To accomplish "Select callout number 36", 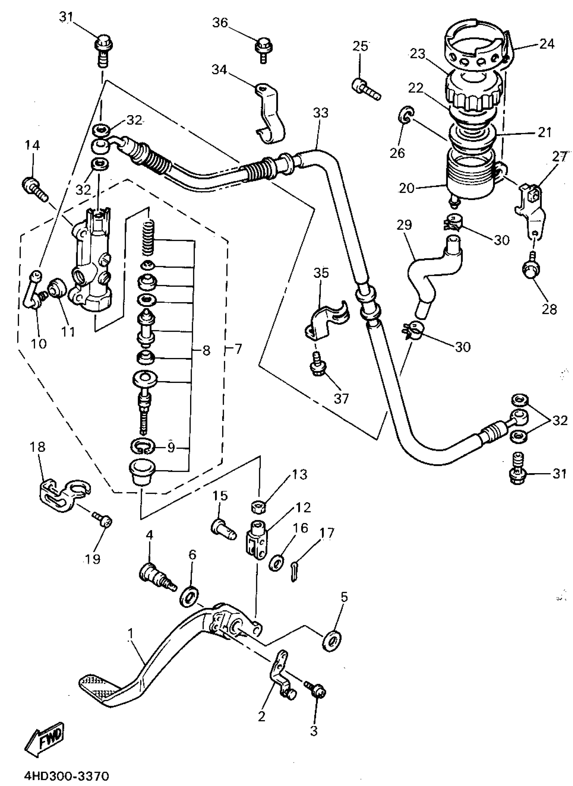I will pyautogui.click(x=220, y=23).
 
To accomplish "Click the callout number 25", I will pyautogui.click(x=360, y=46).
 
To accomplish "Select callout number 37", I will pyautogui.click(x=341, y=398).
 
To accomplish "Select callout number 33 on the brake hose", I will pyautogui.click(x=321, y=113).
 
